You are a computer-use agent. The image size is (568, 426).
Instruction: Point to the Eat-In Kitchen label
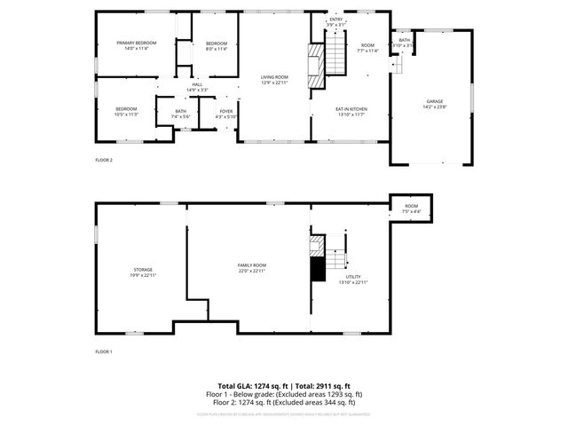[x=351, y=111]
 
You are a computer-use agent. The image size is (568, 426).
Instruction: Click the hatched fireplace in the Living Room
[x=314, y=67]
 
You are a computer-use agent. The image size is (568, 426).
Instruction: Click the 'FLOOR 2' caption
[x=104, y=160]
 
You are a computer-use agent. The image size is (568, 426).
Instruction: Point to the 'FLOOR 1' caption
[x=104, y=352]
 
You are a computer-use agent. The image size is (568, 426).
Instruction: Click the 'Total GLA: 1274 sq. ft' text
[x=251, y=387]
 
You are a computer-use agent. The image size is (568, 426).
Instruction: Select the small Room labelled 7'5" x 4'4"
[x=411, y=209]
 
